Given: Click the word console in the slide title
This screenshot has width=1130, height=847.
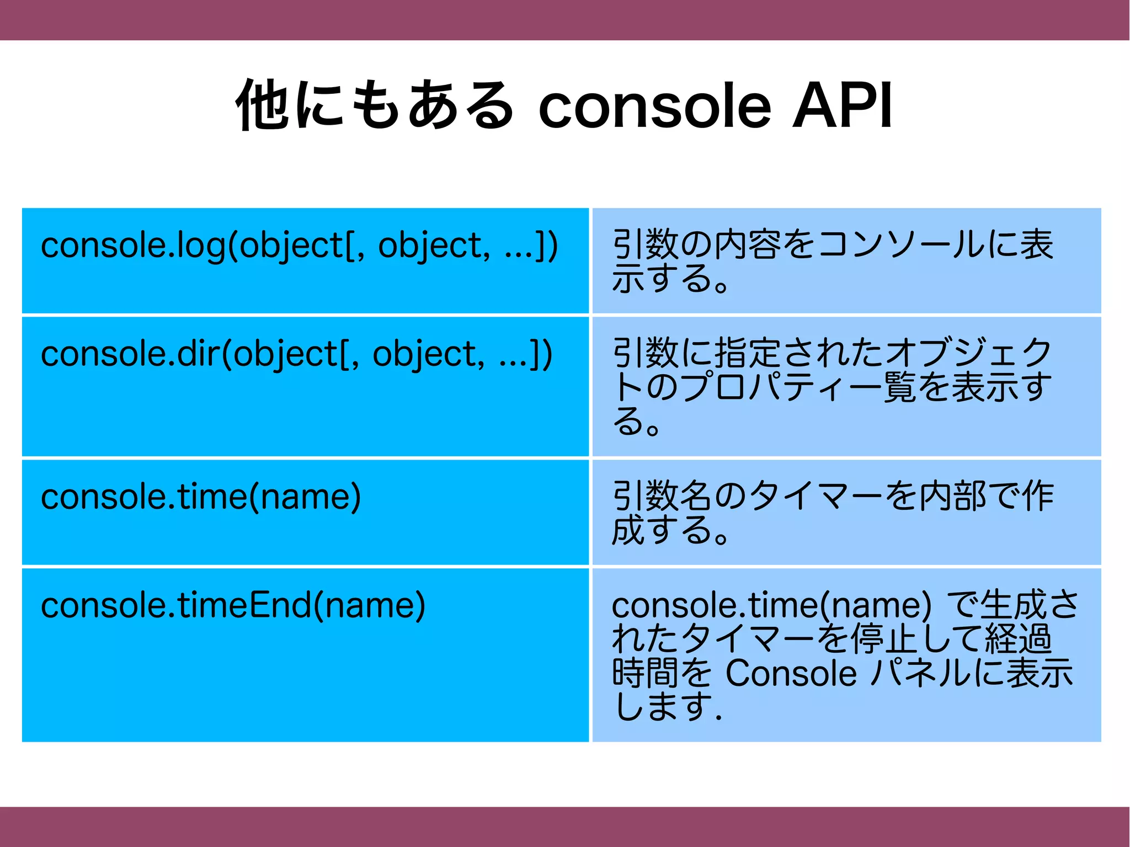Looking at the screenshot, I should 654,106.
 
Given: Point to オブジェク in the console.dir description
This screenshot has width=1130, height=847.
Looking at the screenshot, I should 969,353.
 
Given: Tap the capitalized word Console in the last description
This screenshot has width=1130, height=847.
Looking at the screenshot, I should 791,673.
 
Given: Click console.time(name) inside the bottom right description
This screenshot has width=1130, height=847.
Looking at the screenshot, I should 771,605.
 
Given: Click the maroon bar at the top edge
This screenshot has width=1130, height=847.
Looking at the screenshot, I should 565,20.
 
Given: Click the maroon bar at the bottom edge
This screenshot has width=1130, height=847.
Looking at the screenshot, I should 565,827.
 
